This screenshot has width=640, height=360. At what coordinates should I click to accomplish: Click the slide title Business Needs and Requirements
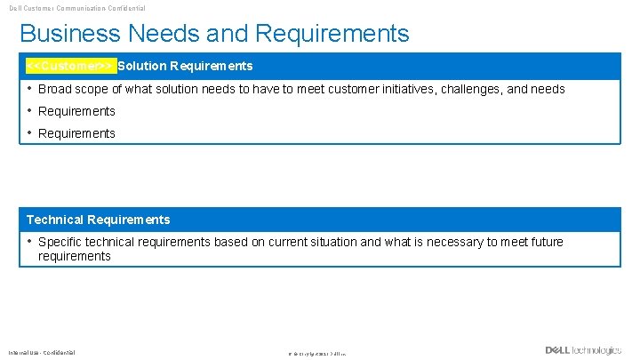tap(214, 34)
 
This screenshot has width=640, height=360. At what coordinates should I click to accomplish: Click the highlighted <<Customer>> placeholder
tap(70, 66)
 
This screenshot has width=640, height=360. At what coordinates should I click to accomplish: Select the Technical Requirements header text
tap(98, 220)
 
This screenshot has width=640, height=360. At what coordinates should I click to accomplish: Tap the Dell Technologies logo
tap(583, 350)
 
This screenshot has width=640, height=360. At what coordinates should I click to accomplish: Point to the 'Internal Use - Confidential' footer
tap(42, 352)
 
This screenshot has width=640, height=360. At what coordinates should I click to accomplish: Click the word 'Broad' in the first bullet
tap(54, 89)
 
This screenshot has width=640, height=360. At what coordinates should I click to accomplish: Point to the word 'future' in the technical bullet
tap(543, 242)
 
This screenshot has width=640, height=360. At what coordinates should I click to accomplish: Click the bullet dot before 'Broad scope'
tap(29, 89)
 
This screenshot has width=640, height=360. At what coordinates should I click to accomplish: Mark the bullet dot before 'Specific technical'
tap(29, 242)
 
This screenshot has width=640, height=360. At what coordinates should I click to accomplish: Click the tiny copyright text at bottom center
tap(317, 354)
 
